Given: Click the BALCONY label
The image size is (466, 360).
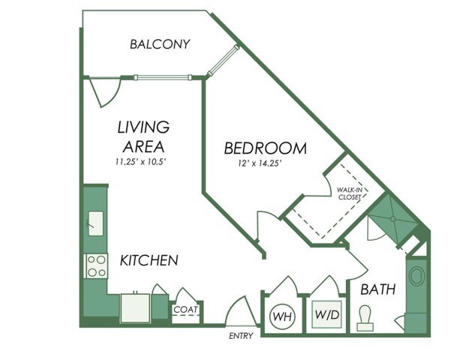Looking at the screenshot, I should pos(159,44).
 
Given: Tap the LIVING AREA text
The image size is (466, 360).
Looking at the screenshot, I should pos(142,136).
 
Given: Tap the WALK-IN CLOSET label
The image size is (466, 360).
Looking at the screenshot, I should pos(350,193).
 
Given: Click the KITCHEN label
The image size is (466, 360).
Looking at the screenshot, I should pos(149,261).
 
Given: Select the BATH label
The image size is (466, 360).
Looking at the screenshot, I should pos(377,289).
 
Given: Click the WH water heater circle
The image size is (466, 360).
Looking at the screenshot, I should pos(282,315).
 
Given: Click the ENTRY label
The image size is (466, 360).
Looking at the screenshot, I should pos(241,335).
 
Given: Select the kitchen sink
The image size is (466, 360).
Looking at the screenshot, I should pos(96,223).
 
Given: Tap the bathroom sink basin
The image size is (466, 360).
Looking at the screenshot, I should pos(416,275).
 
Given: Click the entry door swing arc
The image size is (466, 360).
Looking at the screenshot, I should pos(239,311).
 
